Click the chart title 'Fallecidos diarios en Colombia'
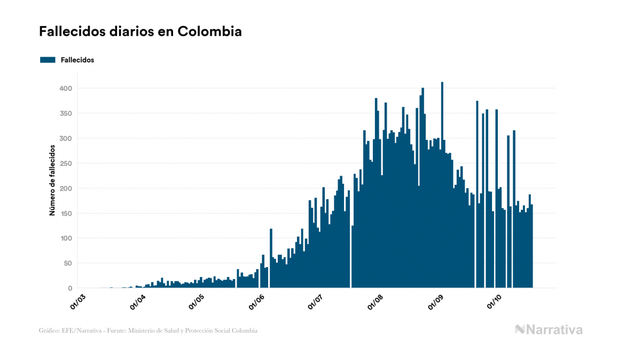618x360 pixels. point(140,32)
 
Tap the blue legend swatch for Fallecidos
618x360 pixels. point(48,60)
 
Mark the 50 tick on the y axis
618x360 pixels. point(67,263)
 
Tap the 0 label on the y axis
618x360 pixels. point(69,288)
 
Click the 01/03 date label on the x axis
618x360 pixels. point(78,301)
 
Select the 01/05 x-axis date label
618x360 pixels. point(197,301)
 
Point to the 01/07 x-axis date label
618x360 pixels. point(316,301)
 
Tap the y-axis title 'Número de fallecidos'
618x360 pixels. point(52,180)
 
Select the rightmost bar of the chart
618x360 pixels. point(532,246)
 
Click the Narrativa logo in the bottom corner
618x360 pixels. point(549,330)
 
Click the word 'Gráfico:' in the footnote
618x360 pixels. point(49,331)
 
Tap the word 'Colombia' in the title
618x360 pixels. point(209,32)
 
